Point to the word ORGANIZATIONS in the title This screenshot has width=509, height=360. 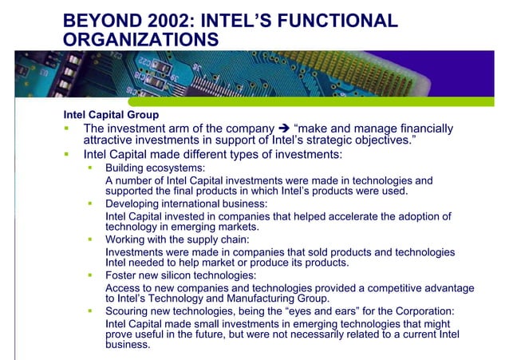[x=140, y=39]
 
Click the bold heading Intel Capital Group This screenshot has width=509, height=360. [x=111, y=115]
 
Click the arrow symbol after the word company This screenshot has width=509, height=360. [x=283, y=129]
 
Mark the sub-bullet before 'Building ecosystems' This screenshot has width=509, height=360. [x=90, y=168]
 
